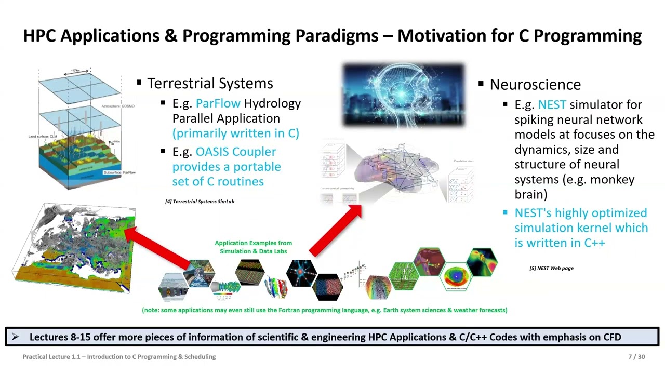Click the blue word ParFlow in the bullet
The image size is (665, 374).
point(218,104)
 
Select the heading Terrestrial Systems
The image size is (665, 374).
point(210,84)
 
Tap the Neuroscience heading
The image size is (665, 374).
point(535,85)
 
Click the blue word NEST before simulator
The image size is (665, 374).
point(552,105)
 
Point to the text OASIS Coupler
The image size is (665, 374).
point(235,152)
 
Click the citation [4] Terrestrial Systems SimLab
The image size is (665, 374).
point(199,202)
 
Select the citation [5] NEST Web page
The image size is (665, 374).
point(551,268)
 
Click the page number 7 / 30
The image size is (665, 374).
point(636,357)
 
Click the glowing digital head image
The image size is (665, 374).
point(403,95)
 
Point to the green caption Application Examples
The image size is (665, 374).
point(253,247)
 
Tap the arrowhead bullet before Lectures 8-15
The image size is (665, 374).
point(15,337)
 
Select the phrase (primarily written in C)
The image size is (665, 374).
point(235,133)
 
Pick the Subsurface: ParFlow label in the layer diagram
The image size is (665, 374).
point(119,172)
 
